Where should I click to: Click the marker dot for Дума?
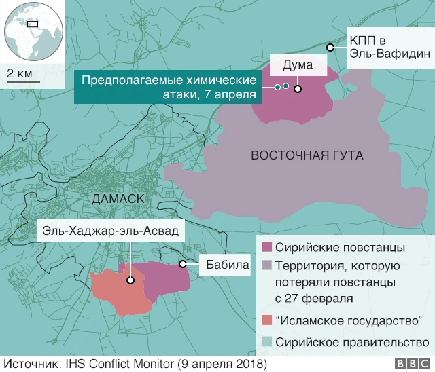tap(298, 87)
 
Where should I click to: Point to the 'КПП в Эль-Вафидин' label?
tap(389, 46)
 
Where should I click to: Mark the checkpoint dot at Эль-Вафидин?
tap(330, 47)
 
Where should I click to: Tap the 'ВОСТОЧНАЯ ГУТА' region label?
tap(307, 155)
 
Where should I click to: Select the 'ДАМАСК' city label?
tap(117, 199)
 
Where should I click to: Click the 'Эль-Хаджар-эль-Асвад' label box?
tap(111, 231)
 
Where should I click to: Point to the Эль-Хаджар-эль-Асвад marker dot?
tap(130, 279)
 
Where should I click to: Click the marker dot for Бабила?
tap(182, 264)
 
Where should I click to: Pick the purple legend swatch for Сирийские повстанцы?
tap(266, 246)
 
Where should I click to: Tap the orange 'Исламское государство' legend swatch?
tap(266, 320)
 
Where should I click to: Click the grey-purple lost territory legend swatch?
tap(266, 265)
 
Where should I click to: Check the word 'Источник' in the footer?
tap(29, 363)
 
